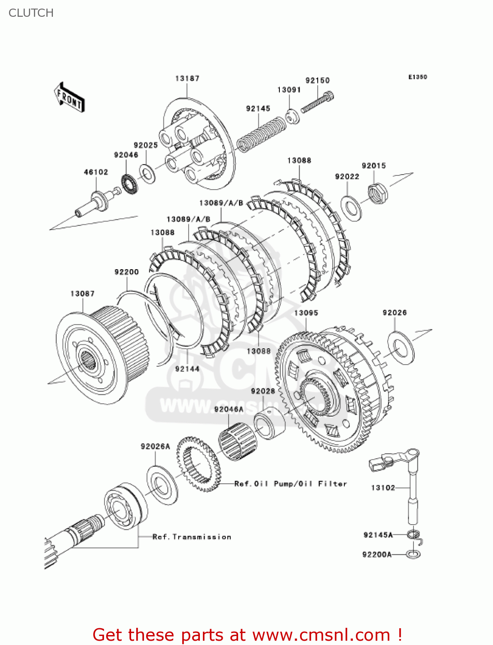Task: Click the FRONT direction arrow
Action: [69, 98]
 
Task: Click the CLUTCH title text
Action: [31, 13]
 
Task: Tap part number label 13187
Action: [187, 78]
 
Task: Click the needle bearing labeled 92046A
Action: [237, 439]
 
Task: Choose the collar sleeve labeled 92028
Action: [269, 424]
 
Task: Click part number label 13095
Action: [306, 313]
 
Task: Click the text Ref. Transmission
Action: [192, 537]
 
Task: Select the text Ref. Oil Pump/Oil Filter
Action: [290, 484]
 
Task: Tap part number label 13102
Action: [383, 488]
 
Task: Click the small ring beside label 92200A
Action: [413, 554]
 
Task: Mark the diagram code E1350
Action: [417, 77]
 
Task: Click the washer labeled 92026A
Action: [162, 485]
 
